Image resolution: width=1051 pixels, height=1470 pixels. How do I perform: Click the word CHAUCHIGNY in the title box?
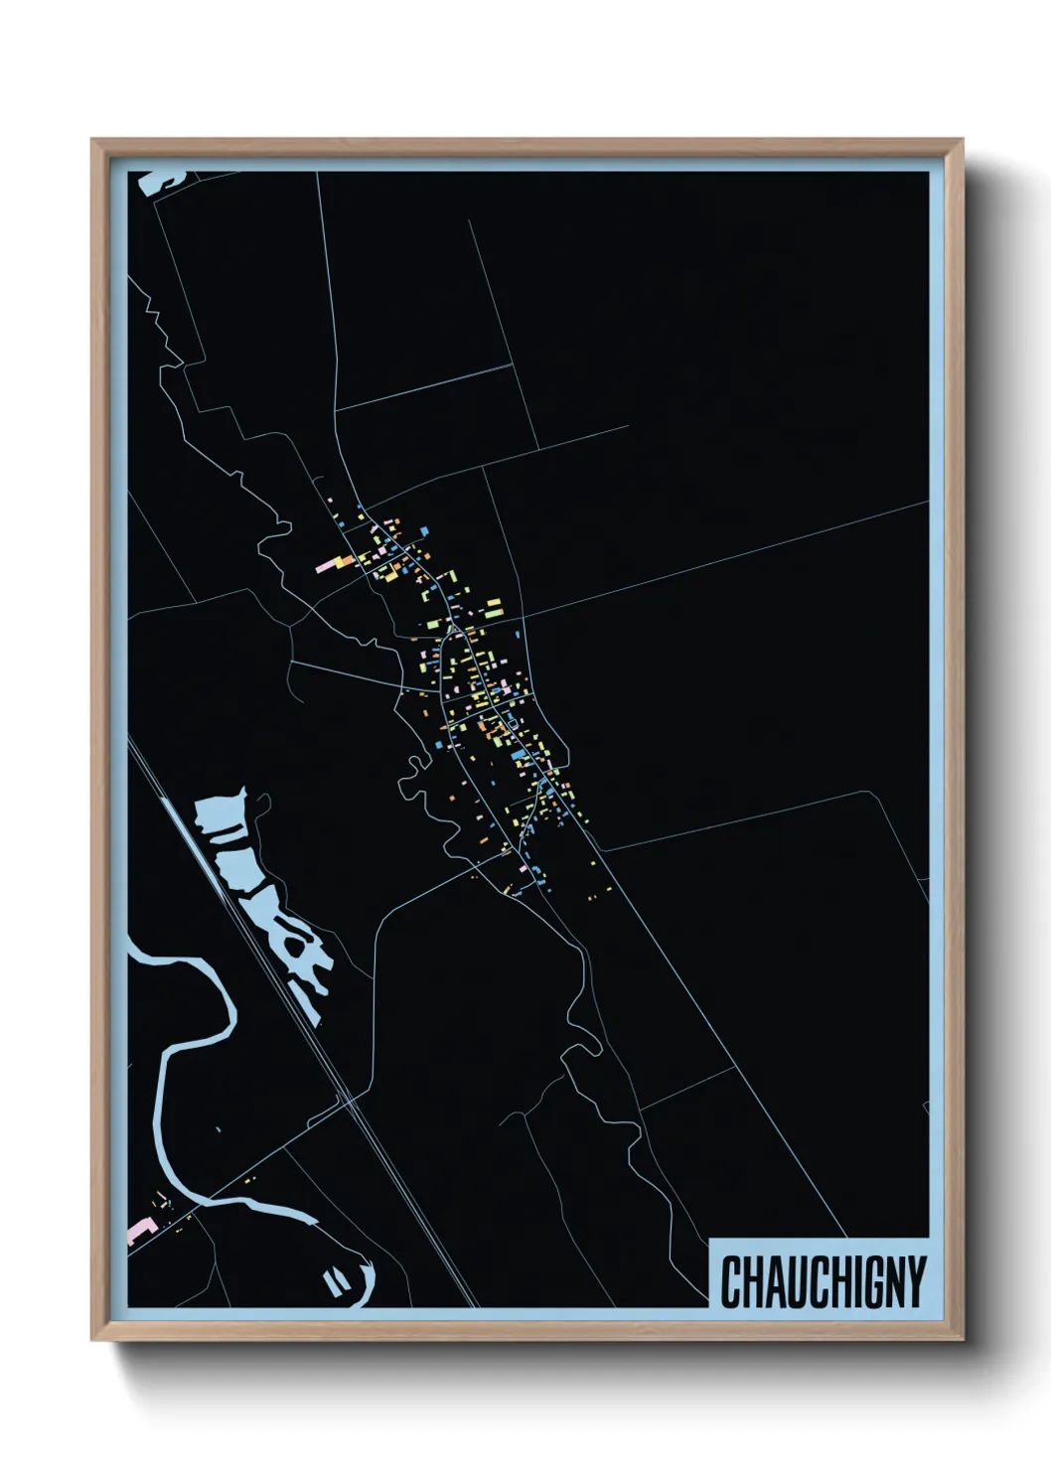(823, 1281)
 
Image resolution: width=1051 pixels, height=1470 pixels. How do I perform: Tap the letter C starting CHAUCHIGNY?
(730, 1281)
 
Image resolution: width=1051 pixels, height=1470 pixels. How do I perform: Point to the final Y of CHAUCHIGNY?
(915, 1281)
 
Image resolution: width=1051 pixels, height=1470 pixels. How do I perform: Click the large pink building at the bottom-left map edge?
(138, 1232)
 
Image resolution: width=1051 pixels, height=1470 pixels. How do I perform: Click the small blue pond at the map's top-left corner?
(159, 181)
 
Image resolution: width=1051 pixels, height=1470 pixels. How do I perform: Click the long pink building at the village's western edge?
(328, 566)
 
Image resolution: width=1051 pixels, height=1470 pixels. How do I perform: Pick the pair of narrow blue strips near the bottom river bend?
(335, 1281)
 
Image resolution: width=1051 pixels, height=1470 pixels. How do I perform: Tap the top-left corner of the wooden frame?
(94, 142)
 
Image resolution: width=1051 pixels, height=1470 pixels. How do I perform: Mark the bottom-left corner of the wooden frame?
(94, 1339)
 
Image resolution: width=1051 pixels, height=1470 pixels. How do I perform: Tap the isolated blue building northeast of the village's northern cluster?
(519, 634)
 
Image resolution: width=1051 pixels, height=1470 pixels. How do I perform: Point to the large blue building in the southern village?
(517, 756)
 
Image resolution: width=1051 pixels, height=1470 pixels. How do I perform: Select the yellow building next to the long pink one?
(347, 562)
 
